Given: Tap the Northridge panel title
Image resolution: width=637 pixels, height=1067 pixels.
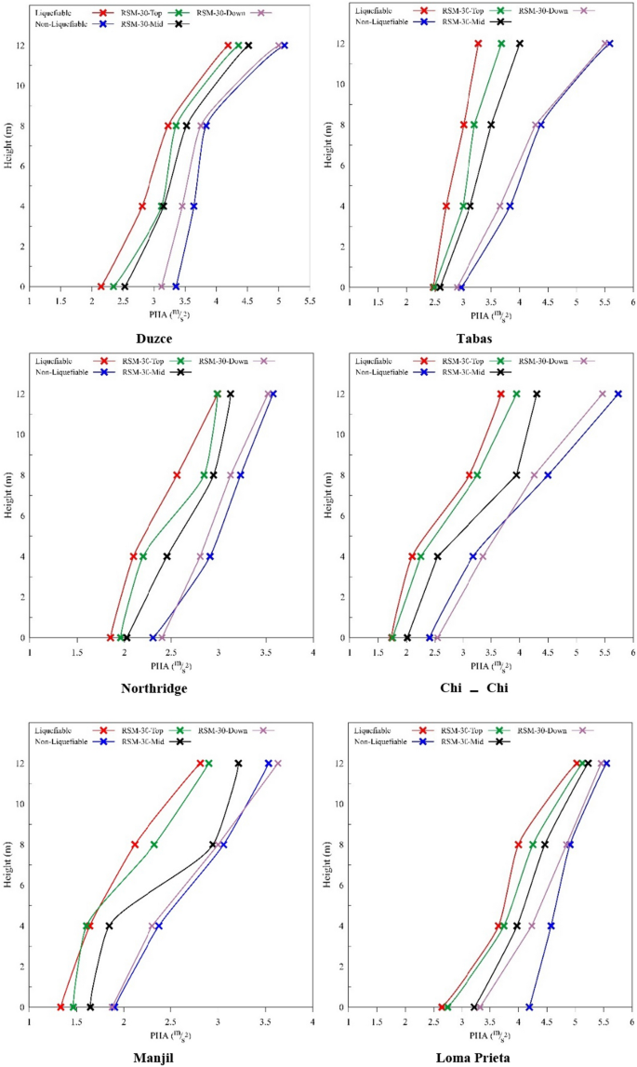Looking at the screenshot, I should (154, 688).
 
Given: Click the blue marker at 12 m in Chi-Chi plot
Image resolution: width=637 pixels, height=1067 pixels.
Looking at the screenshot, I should (618, 394).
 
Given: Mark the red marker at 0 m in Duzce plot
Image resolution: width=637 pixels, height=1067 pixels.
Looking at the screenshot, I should (101, 287).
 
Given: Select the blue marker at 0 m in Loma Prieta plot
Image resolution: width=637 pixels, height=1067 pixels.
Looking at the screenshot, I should (530, 1007).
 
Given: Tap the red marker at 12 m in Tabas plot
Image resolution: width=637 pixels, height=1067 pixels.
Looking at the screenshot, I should (478, 44).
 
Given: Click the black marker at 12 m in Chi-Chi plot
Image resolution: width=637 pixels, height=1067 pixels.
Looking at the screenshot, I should (537, 394).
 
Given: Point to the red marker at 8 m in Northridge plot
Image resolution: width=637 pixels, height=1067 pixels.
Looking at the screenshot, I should (177, 475).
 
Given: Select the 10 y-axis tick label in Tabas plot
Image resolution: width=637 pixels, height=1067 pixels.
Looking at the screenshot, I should (340, 85).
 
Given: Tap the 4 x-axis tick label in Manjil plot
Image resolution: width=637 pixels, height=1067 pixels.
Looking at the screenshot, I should (312, 1022).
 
